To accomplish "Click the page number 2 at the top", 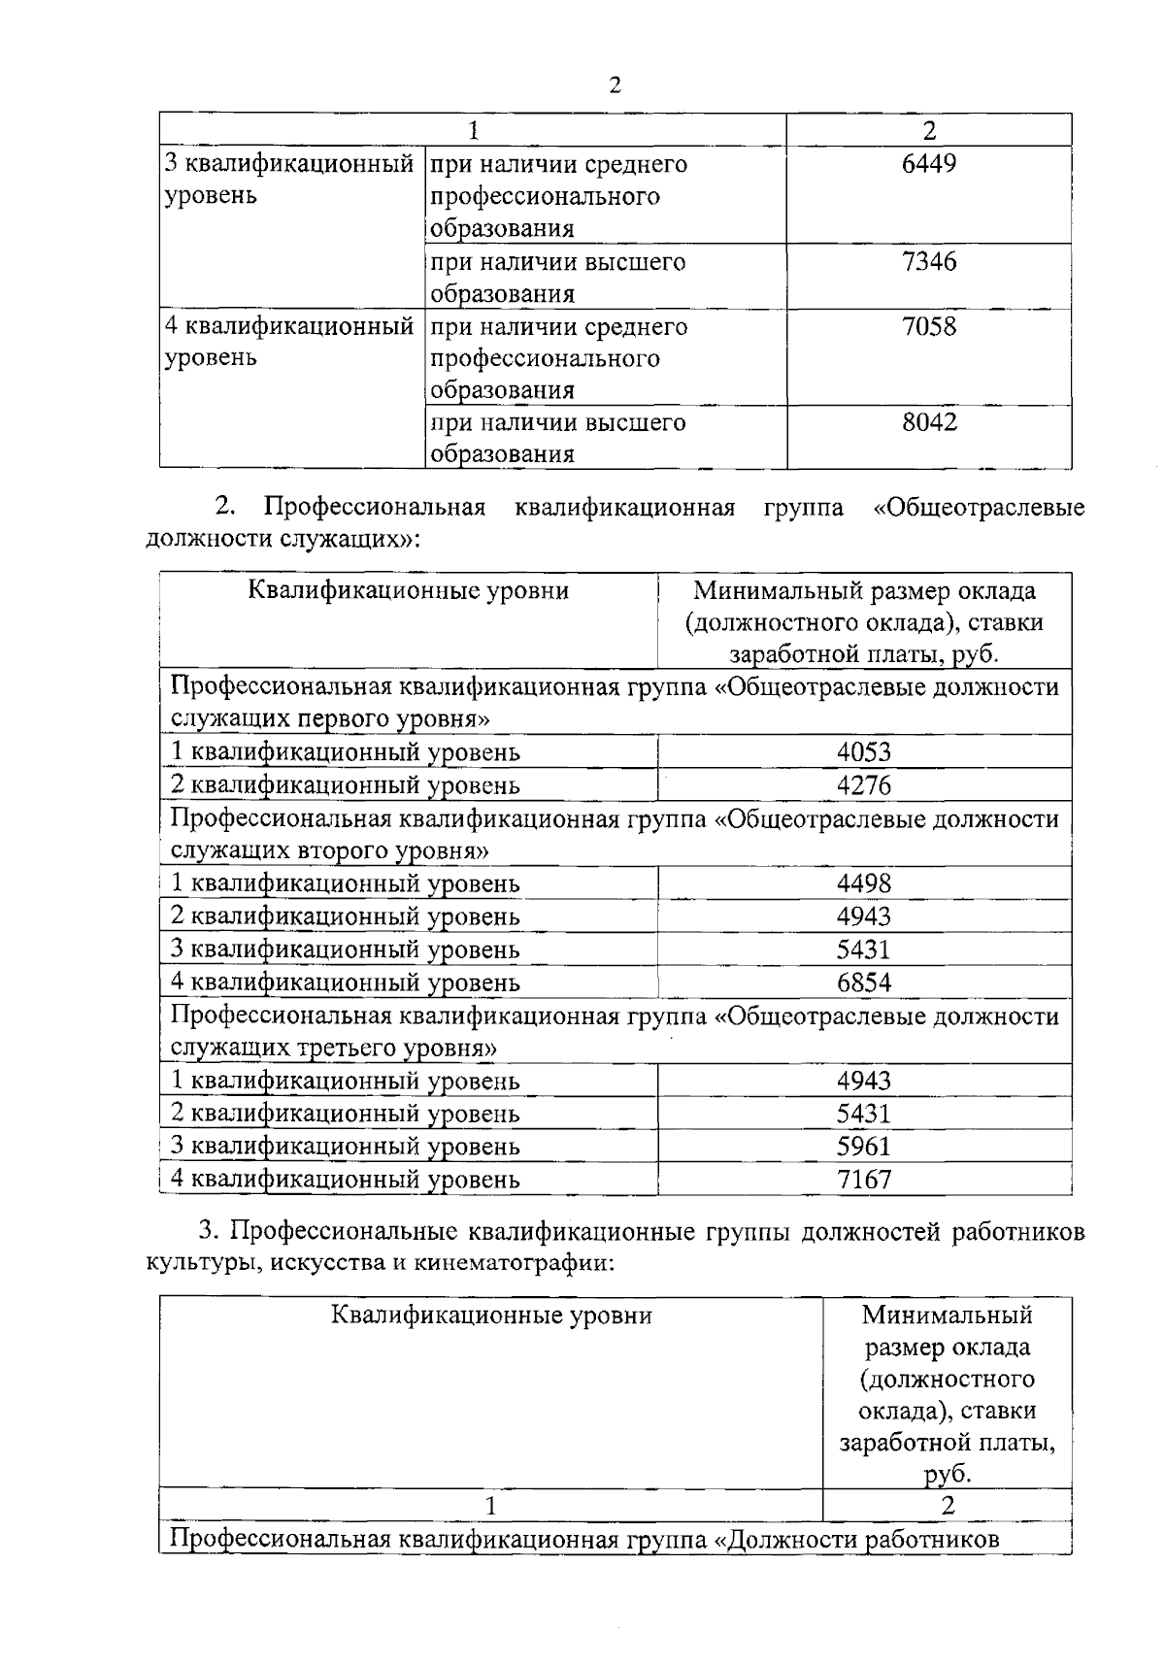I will click(614, 85).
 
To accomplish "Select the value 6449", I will click(929, 164).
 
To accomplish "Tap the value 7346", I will click(929, 261).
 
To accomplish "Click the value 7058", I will click(929, 326).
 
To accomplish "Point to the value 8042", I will click(929, 422).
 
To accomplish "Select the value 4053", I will click(864, 752).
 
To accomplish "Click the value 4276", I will click(864, 785).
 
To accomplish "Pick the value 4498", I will click(864, 883).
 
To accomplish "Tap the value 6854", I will click(864, 982).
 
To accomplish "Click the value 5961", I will click(864, 1147).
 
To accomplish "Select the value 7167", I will click(864, 1180).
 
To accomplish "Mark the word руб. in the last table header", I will click(948, 1474).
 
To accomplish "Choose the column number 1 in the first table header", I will click(473, 130).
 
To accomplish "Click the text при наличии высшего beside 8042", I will click(558, 422).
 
